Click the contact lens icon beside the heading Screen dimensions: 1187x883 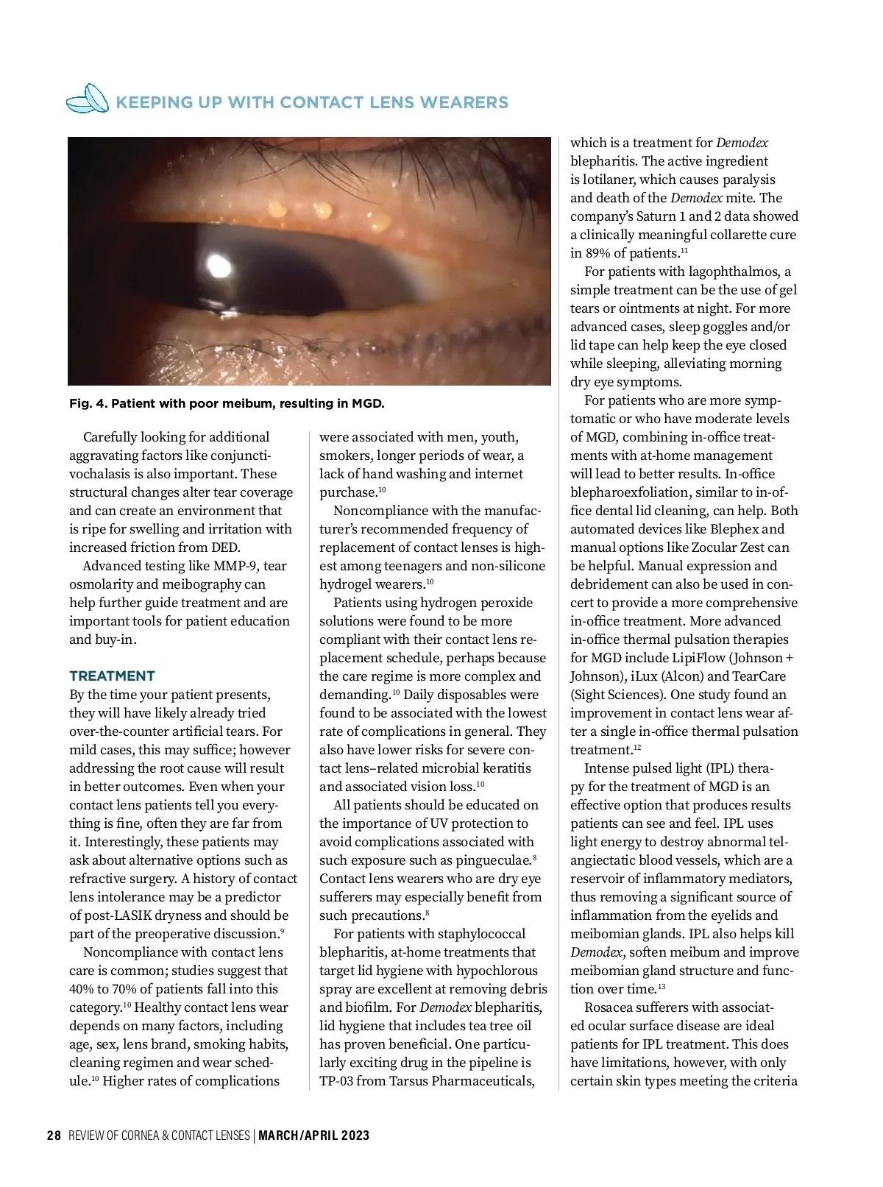coord(88,99)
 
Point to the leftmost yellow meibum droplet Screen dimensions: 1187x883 coord(277,208)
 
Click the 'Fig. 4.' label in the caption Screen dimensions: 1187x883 coord(87,403)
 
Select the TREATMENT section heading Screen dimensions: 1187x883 coord(112,676)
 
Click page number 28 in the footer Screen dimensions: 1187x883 coord(54,1135)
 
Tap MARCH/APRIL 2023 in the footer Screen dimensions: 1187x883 coord(314,1135)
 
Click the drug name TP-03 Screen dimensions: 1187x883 coord(336,1081)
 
